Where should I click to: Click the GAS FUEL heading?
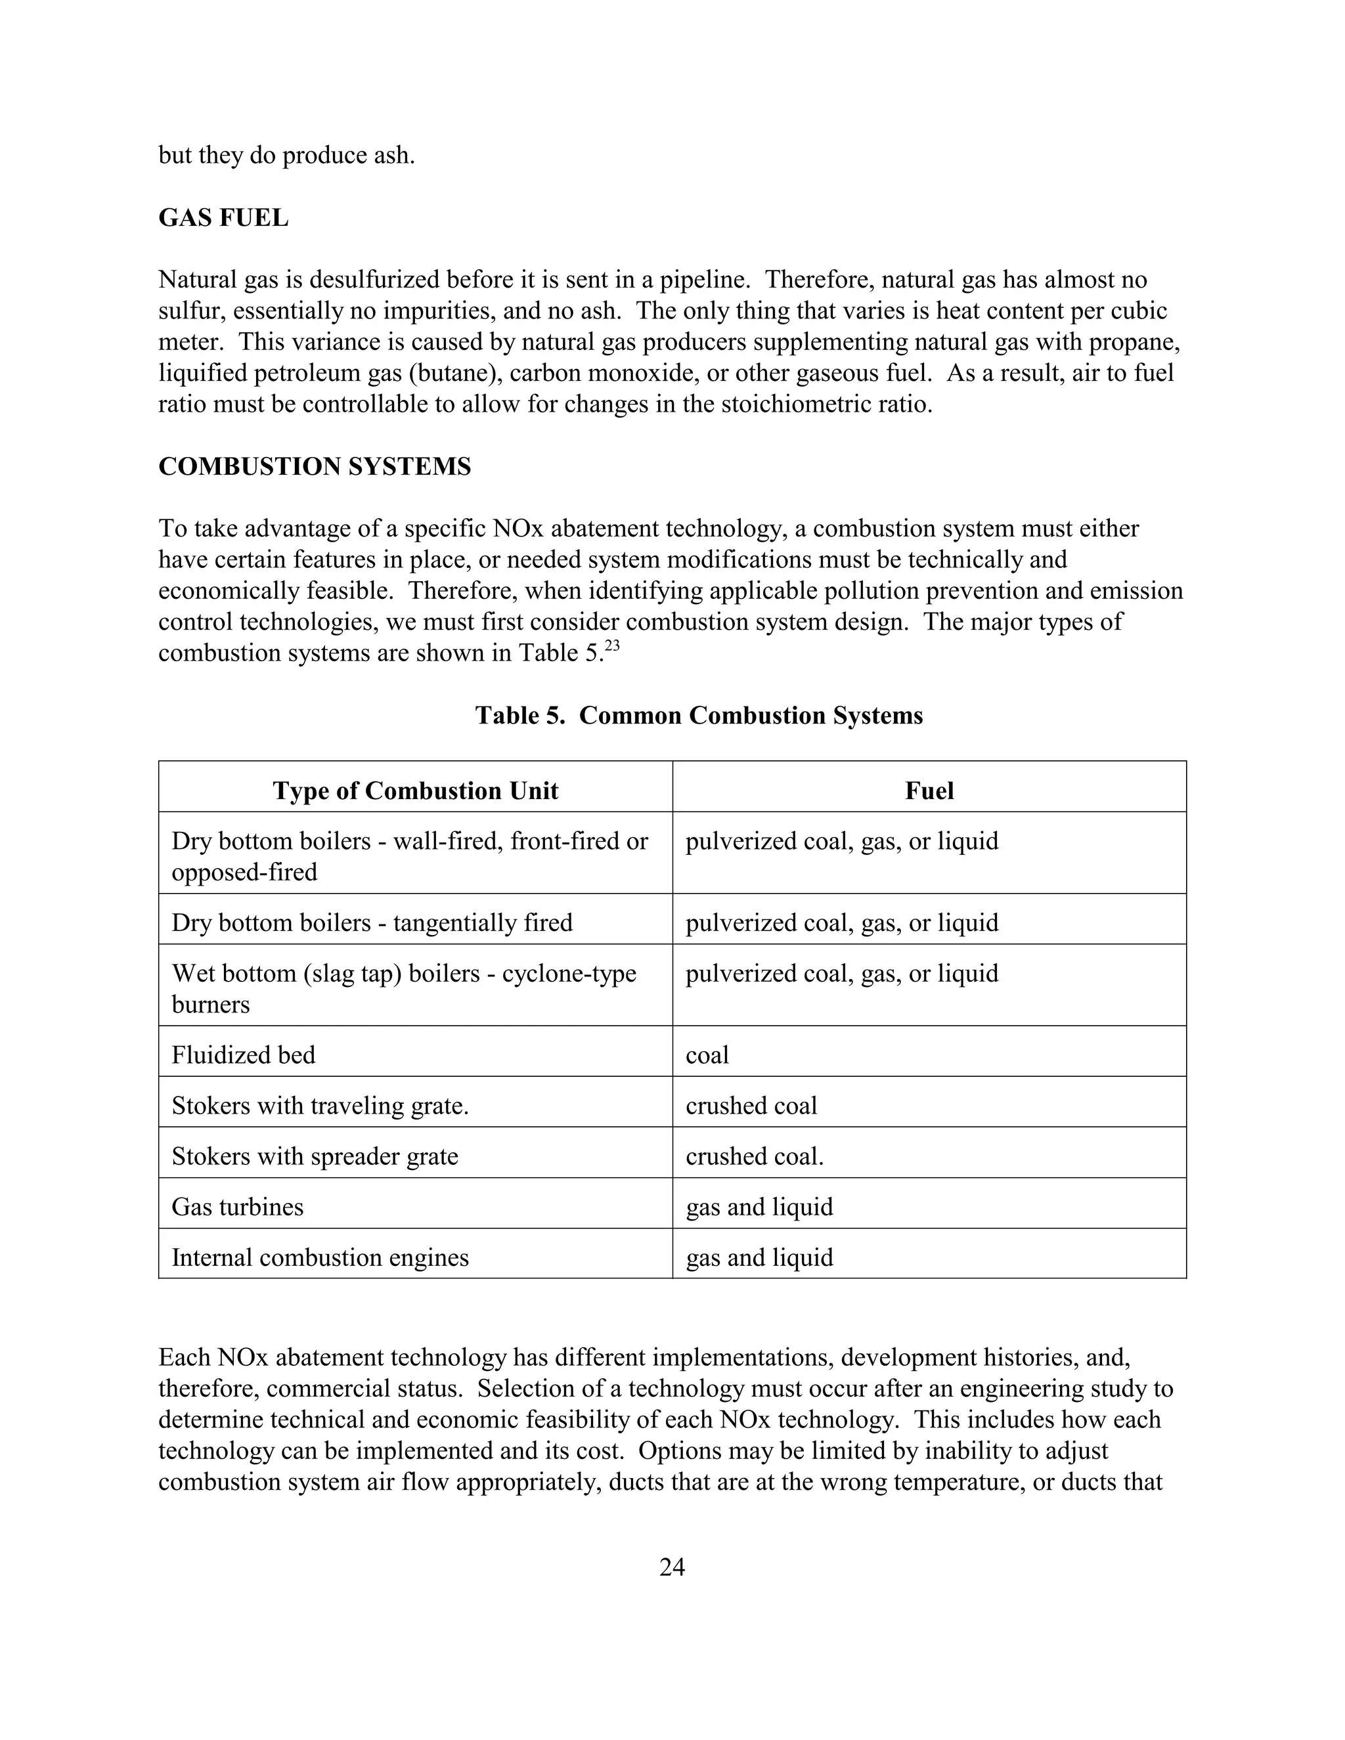pos(223,217)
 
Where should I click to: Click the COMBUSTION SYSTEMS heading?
pos(315,466)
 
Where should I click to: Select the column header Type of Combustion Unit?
pos(415,791)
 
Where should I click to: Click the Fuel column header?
pos(929,791)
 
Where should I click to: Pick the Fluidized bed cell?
pos(244,1055)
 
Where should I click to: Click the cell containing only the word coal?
pos(707,1055)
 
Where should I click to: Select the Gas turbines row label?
pos(238,1206)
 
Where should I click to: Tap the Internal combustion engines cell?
pos(320,1257)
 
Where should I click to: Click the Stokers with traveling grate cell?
pos(320,1105)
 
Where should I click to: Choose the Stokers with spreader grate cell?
pos(315,1156)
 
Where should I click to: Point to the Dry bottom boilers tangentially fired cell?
pos(372,923)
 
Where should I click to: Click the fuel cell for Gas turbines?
pos(759,1206)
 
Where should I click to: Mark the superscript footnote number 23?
pos(612,646)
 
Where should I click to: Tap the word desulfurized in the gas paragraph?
pos(374,280)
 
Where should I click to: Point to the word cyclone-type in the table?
pos(569,973)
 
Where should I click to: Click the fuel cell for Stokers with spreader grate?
pos(755,1156)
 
